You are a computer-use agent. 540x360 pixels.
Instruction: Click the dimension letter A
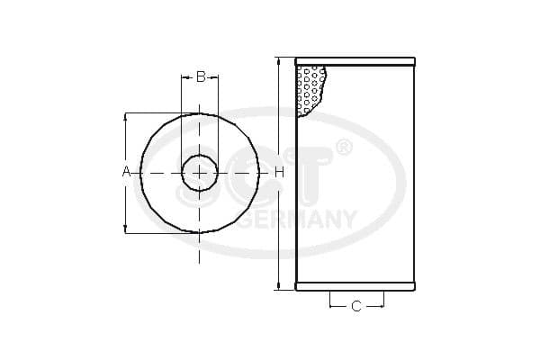126,171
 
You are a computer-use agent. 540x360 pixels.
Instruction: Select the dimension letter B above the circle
200,77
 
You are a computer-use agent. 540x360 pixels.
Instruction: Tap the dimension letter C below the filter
355,307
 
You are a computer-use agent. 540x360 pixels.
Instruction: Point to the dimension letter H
279,171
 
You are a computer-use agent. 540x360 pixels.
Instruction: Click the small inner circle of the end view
199,172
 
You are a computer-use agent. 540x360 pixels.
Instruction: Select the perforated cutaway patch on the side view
310,90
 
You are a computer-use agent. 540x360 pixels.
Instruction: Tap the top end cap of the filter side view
356,62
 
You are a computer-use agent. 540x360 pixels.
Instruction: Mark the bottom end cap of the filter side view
356,288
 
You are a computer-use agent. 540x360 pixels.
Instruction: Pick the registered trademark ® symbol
343,148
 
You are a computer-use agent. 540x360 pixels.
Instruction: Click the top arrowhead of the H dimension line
278,62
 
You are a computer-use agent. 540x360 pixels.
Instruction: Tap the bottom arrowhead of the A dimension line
126,229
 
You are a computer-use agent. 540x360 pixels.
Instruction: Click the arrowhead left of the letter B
184,77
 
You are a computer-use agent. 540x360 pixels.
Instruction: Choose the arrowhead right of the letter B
215,77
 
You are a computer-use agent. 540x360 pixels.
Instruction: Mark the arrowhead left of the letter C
333,307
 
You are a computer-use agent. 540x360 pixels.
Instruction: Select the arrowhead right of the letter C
381,307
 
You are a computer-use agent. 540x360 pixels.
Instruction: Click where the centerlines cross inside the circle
199,172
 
